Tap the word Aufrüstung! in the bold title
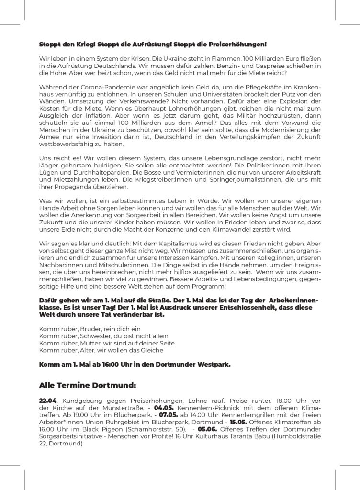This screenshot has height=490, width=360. (147, 45)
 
